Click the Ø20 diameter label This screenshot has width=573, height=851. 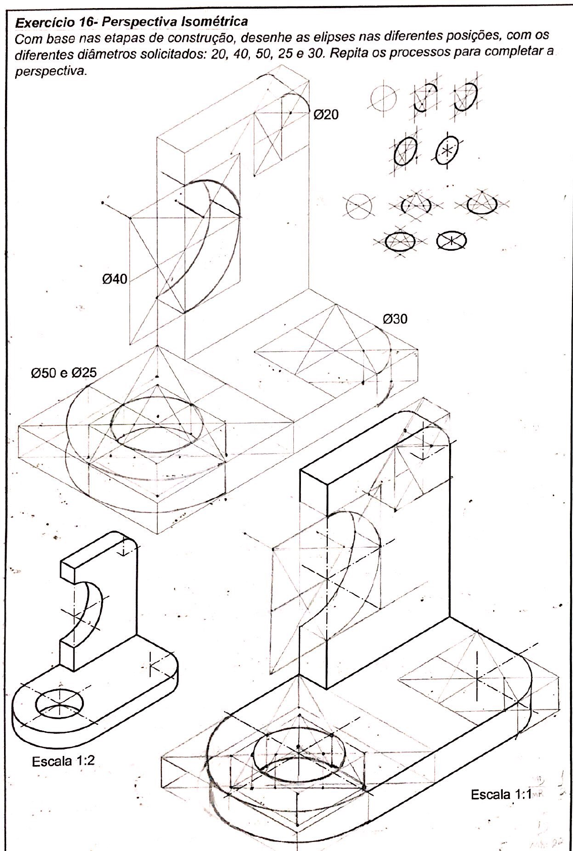pyautogui.click(x=326, y=114)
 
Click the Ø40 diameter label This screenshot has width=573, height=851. pyautogui.click(x=114, y=279)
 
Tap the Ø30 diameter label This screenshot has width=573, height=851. pyautogui.click(x=395, y=319)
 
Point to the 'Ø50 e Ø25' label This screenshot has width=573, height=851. pyautogui.click(x=64, y=373)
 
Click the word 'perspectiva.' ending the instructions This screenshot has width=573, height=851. pyautogui.click(x=51, y=72)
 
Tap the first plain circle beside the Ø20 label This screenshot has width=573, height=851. pyautogui.click(x=383, y=98)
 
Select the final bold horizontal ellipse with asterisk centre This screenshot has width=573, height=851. pyautogui.click(x=451, y=240)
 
